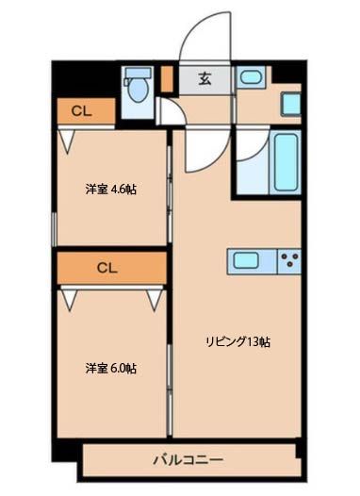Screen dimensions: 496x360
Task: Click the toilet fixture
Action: point(138,88)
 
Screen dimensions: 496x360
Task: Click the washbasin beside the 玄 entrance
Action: point(250,78)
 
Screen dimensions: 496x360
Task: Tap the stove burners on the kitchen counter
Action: point(288,259)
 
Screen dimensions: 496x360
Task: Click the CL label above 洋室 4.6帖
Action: point(81,111)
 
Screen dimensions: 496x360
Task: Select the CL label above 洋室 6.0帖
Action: point(106,267)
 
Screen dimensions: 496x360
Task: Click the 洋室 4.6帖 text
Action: point(110,190)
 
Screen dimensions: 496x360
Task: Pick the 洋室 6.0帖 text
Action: point(110,369)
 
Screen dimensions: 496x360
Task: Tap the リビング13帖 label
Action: point(239,342)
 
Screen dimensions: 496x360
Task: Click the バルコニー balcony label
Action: point(188,462)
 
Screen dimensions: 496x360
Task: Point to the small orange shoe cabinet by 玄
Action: point(166,78)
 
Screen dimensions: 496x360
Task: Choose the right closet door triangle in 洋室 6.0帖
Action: point(155,299)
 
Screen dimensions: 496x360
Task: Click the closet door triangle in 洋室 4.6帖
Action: point(67,141)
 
